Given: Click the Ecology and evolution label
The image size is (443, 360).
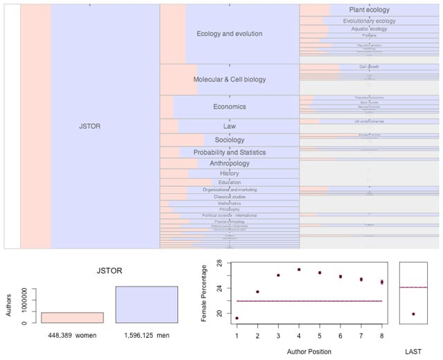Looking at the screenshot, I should tap(229, 33).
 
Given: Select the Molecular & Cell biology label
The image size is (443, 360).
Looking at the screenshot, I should tap(229, 80).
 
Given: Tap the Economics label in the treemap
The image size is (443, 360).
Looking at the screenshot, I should tap(229, 107).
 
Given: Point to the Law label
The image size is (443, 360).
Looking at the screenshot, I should tap(229, 127).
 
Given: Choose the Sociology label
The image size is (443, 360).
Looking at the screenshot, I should tap(229, 140).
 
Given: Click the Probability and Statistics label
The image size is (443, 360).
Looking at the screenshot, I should tap(229, 152).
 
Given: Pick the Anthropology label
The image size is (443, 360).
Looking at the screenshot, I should tap(229, 163).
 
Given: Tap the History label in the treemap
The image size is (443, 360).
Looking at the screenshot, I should tap(229, 173).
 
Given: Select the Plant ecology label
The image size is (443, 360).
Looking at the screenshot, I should tap(369, 10).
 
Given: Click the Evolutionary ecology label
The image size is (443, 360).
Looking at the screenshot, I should tap(369, 21).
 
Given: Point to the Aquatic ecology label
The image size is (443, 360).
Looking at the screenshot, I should tap(369, 29).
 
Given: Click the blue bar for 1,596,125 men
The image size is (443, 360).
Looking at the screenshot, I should tap(146, 305).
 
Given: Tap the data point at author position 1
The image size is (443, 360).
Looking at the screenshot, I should tap(237, 318).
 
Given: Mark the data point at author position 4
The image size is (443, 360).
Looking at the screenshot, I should tap(299, 269).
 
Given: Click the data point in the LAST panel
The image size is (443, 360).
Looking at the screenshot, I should tap(413, 314).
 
